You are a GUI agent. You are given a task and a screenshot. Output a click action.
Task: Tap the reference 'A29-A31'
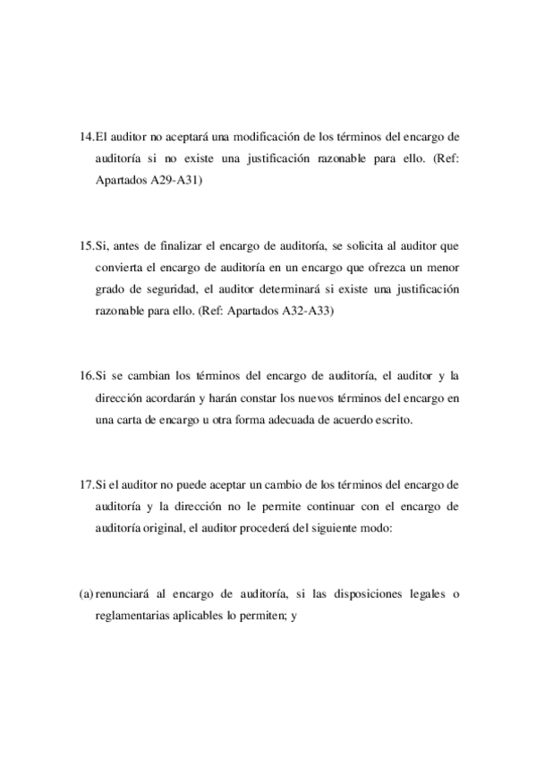(177, 179)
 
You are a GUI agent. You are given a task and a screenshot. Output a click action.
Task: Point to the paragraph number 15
(86, 244)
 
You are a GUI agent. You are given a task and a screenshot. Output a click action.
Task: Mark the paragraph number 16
(86, 375)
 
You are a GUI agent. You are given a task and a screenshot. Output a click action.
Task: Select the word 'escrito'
(393, 419)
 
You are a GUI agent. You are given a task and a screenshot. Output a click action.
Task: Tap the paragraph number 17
(86, 484)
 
